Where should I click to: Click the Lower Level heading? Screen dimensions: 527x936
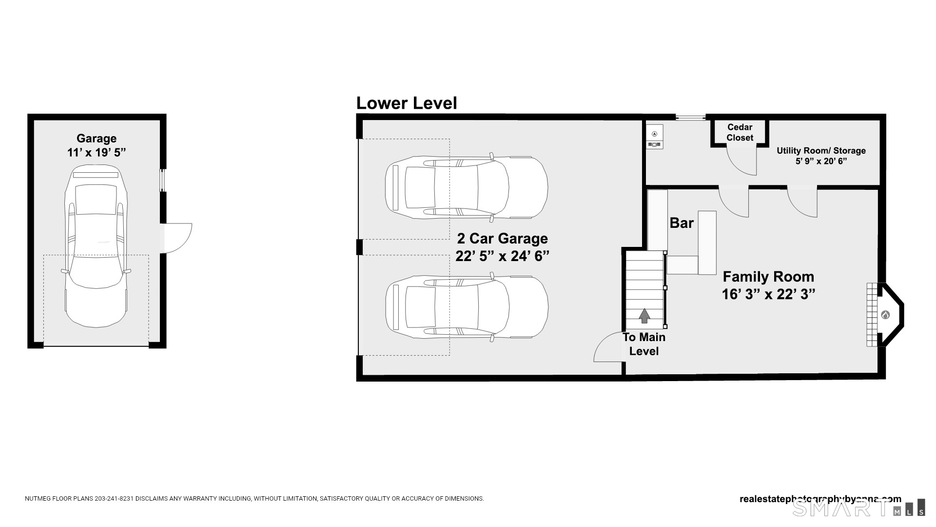(x=407, y=103)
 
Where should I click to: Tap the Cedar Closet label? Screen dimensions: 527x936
(x=740, y=132)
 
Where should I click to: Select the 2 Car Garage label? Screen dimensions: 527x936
(x=502, y=239)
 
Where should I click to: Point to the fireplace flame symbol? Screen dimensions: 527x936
(x=885, y=315)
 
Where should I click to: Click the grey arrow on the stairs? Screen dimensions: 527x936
(x=644, y=316)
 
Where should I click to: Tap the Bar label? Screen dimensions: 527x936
(x=681, y=223)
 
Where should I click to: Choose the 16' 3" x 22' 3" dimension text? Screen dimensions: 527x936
(x=768, y=294)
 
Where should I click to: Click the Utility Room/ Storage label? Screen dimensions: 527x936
(x=821, y=151)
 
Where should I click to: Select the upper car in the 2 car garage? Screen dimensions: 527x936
(x=466, y=187)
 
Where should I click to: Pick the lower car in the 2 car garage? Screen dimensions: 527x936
(x=466, y=307)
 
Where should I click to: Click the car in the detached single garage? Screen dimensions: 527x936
(x=96, y=246)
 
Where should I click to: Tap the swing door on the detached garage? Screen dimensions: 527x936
(x=177, y=238)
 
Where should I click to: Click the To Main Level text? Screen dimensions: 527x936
(x=643, y=344)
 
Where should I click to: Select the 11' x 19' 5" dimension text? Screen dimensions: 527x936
(x=96, y=153)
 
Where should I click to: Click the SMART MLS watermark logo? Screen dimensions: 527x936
(x=858, y=507)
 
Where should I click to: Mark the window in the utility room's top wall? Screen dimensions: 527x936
(x=690, y=117)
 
